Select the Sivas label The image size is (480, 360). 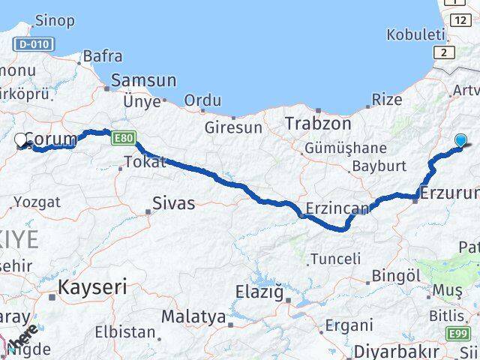[173, 202]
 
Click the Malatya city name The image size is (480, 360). [193, 316]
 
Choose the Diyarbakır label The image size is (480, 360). [396, 351]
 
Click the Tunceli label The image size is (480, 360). [335, 259]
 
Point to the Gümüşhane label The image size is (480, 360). [346, 148]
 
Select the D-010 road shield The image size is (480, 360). [34, 45]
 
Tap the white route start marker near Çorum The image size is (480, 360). [22, 139]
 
